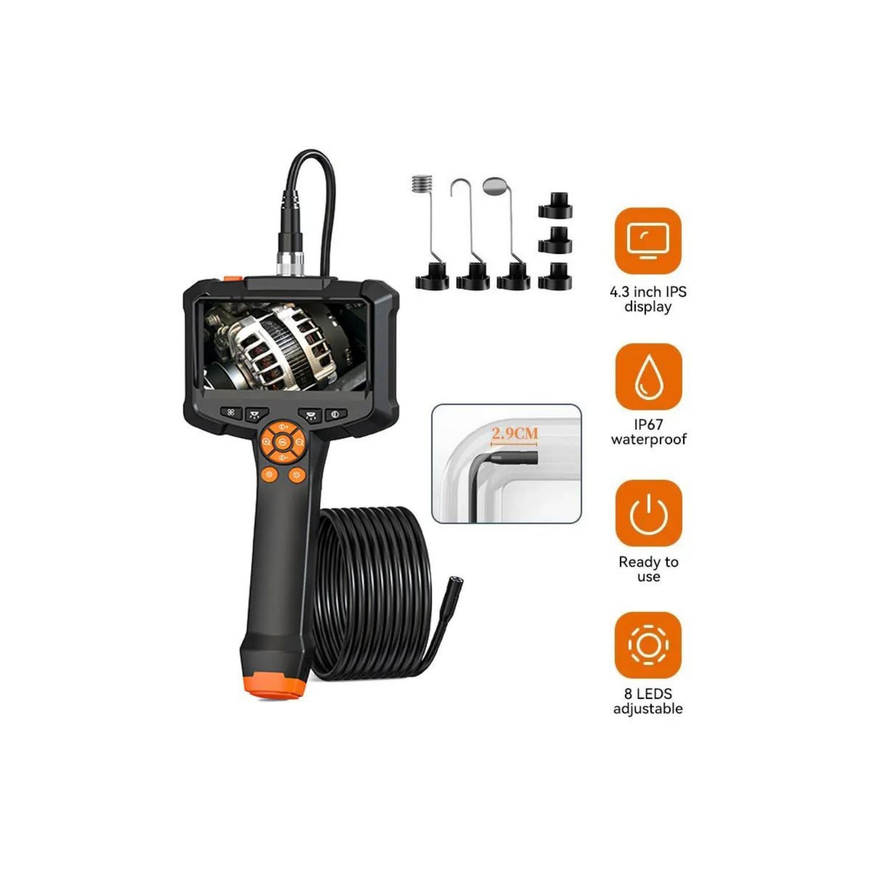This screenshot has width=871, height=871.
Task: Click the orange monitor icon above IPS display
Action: (x=648, y=240)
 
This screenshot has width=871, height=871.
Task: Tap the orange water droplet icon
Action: (x=648, y=376)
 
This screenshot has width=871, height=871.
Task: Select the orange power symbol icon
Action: (x=648, y=513)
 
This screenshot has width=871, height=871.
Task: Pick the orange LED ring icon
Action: (x=648, y=645)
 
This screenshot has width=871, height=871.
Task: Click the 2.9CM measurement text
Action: (x=514, y=433)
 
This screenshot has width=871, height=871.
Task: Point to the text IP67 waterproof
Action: (x=648, y=432)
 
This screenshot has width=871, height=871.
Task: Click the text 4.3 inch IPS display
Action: (x=648, y=299)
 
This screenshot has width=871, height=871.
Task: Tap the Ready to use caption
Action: (x=648, y=569)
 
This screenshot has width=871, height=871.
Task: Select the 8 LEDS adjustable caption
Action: (x=648, y=701)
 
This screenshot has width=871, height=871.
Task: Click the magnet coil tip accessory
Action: (x=423, y=185)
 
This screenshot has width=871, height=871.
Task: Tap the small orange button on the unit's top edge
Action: (x=233, y=279)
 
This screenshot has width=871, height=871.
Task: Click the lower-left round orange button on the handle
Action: (x=269, y=475)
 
